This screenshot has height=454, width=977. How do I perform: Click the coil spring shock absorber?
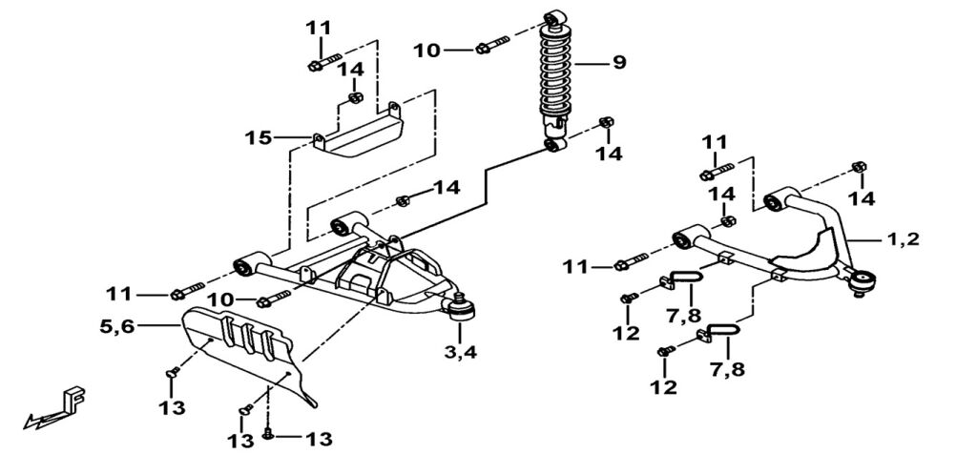pos(556,81)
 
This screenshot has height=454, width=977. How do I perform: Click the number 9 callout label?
pos(618,63)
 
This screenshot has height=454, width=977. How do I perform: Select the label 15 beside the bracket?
pos(257,137)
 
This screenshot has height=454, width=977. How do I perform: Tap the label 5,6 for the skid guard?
pos(116,324)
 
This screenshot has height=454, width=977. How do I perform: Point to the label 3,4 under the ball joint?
pos(461,352)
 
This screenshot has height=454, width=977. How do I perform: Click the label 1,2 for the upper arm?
pos(904,238)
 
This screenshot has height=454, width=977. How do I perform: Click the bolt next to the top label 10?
pos(492,45)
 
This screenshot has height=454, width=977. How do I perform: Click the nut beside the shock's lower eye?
pos(604,121)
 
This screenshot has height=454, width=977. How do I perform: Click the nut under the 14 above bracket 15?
pos(355,97)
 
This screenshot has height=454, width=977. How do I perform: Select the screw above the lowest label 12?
pos(665,352)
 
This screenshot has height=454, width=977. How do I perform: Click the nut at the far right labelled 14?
pos(859,167)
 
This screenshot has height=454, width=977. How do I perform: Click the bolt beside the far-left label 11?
pos(187,290)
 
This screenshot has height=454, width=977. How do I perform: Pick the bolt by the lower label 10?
pos(274,299)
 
